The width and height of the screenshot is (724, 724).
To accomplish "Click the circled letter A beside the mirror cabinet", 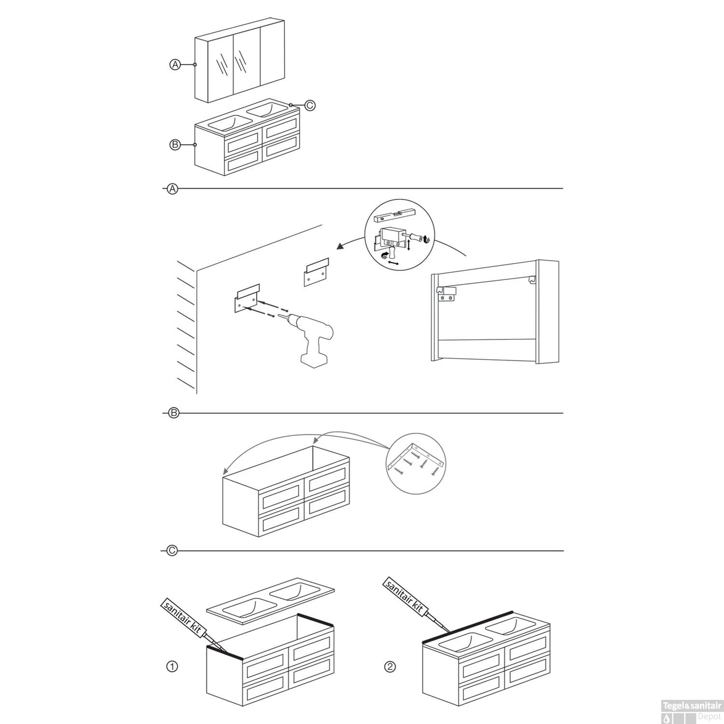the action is tap(175, 64).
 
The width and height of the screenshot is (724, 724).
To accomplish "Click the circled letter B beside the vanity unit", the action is tap(175, 144).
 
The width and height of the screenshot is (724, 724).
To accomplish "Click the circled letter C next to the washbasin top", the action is tap(310, 105).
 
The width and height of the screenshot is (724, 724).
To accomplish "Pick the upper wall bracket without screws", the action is tap(317, 273).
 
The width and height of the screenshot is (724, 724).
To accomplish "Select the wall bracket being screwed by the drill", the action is tap(248, 299).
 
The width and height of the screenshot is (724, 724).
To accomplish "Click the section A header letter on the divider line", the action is tap(172, 189).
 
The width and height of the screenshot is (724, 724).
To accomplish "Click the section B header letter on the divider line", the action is tap(173, 413).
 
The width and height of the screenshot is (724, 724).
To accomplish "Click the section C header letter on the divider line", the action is tap(172, 551).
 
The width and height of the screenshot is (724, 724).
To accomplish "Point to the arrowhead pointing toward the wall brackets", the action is tap(341, 247).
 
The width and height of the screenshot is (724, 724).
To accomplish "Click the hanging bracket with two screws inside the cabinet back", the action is tap(446, 293).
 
